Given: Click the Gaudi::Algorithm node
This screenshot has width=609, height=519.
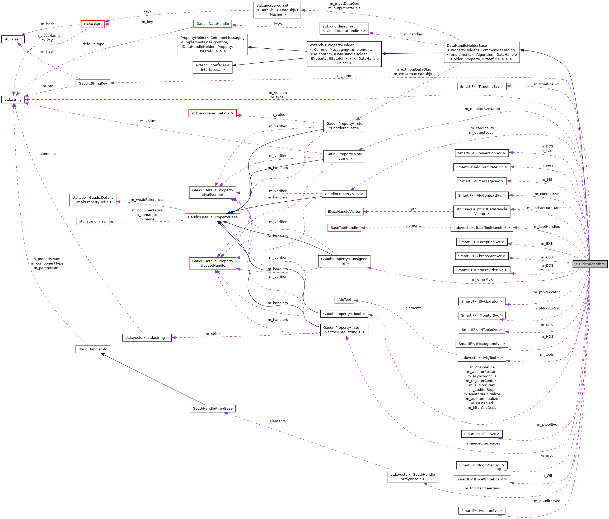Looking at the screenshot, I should click(590, 264).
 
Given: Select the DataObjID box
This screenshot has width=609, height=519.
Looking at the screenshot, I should click(93, 24).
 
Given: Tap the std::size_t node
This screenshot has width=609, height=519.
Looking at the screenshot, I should click(13, 39).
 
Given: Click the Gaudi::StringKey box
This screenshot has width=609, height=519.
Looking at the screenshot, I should click(93, 83).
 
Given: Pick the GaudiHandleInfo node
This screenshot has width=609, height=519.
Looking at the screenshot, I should click(93, 349).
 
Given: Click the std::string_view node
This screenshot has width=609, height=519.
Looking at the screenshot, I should click(93, 221).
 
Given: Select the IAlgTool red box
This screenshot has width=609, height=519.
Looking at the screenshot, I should click(344, 299).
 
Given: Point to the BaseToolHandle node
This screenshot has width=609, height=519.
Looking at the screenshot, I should click(344, 228).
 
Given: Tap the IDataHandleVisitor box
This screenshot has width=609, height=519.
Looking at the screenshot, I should click(344, 211).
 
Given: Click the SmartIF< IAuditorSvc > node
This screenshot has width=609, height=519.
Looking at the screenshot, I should click(481, 511).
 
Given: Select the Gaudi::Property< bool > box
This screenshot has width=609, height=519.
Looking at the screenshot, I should click(344, 314).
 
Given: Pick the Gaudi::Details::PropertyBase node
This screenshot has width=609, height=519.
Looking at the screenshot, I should click(213, 217).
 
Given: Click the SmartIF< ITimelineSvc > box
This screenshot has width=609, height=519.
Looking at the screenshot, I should click(481, 86).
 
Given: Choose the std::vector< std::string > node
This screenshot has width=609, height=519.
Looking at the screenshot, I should click(147, 337).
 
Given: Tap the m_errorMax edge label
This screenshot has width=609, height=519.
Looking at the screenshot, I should click(482, 279).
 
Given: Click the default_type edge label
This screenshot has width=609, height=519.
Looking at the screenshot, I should click(93, 44).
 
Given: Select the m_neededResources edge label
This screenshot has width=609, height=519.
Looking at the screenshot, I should click(482, 443).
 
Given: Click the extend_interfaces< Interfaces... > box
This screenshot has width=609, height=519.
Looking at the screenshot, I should click(212, 67).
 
